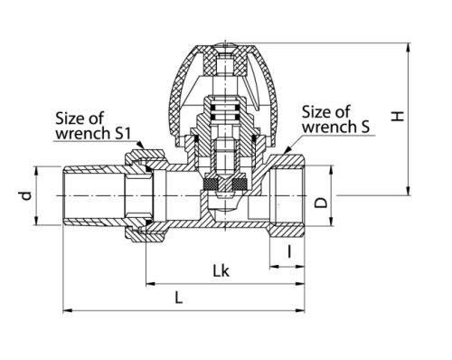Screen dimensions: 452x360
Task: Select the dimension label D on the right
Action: (x=321, y=203)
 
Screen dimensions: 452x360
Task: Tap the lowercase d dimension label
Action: (x=26, y=196)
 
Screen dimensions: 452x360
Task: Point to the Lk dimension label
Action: (x=221, y=270)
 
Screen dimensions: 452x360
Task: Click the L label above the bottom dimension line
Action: (x=179, y=298)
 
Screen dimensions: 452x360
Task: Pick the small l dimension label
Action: (x=289, y=251)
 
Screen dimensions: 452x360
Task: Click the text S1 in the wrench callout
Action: (x=123, y=133)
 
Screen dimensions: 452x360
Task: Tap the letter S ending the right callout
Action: (x=365, y=127)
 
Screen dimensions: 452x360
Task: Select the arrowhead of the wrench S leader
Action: (x=287, y=149)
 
